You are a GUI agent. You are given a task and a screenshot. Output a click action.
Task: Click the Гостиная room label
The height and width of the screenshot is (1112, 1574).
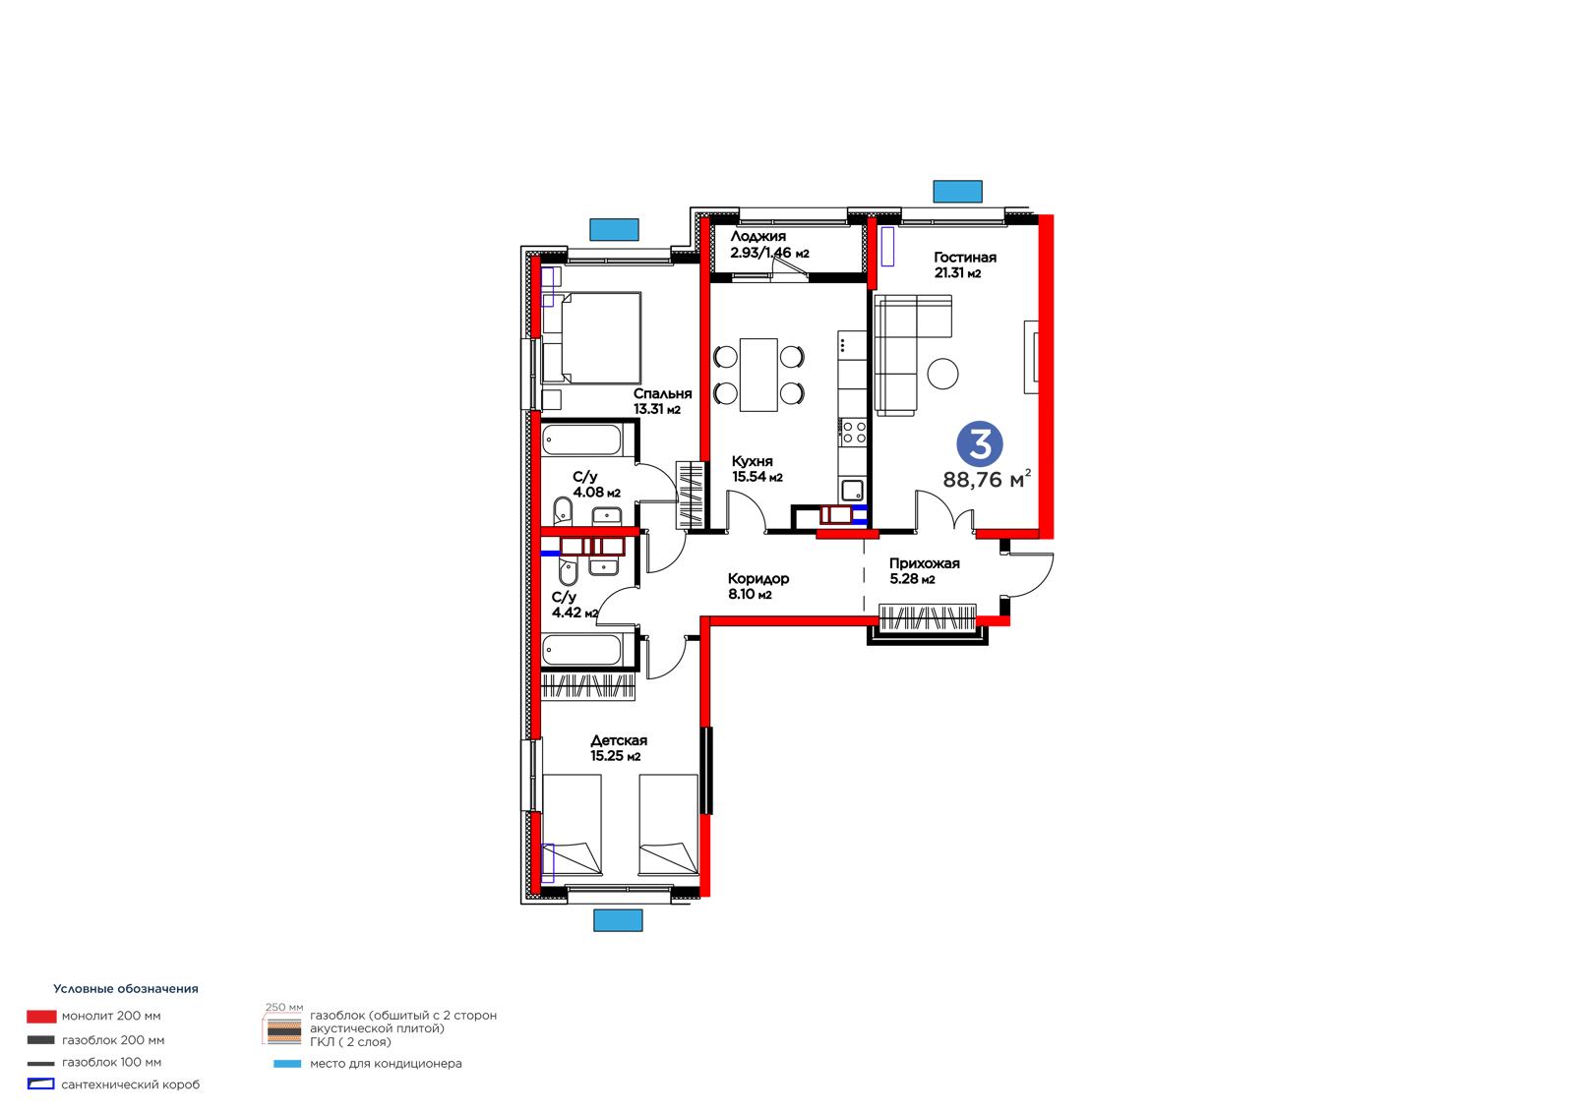pos(964,257)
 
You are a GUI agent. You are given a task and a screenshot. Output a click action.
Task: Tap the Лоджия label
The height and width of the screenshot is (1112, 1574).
pos(758,237)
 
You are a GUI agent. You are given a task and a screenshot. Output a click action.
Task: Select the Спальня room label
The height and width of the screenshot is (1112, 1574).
pos(663,394)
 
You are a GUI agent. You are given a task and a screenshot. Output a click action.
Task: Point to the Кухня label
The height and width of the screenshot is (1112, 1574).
pos(752,461)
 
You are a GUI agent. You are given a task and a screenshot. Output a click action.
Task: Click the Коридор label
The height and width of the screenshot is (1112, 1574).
pos(758,579)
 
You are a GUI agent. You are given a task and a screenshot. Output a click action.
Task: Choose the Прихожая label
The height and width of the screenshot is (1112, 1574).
pos(924,563)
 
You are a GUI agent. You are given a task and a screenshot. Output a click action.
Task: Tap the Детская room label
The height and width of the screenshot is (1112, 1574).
pos(619,740)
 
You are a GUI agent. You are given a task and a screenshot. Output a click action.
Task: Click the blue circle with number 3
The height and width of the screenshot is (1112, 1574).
pos(980,444)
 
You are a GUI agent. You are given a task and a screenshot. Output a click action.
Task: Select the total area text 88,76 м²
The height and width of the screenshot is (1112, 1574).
pos(987,479)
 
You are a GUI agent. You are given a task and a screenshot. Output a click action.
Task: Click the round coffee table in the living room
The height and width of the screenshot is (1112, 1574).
pos(942,373)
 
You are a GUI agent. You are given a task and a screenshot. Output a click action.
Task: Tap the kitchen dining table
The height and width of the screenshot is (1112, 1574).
pos(758,375)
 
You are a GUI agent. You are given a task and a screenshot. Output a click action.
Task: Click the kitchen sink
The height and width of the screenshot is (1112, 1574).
pos(852,491)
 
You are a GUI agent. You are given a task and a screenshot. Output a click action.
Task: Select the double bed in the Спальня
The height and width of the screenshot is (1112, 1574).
pos(591,338)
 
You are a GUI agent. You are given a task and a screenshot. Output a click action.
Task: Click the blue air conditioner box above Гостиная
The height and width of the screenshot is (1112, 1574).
pos(957,191)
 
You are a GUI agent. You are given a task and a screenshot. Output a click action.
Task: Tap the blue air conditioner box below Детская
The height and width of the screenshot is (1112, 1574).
pos(618,920)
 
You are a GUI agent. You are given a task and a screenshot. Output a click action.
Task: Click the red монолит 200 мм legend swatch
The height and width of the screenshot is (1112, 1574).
pos(41,1017)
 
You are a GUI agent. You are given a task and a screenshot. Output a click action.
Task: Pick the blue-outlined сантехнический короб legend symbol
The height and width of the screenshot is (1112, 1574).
pos(40,1083)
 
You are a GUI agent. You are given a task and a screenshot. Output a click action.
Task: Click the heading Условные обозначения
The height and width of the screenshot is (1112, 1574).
pos(126,989)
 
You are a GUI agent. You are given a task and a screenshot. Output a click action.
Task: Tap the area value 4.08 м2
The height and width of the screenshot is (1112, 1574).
pos(596,493)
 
